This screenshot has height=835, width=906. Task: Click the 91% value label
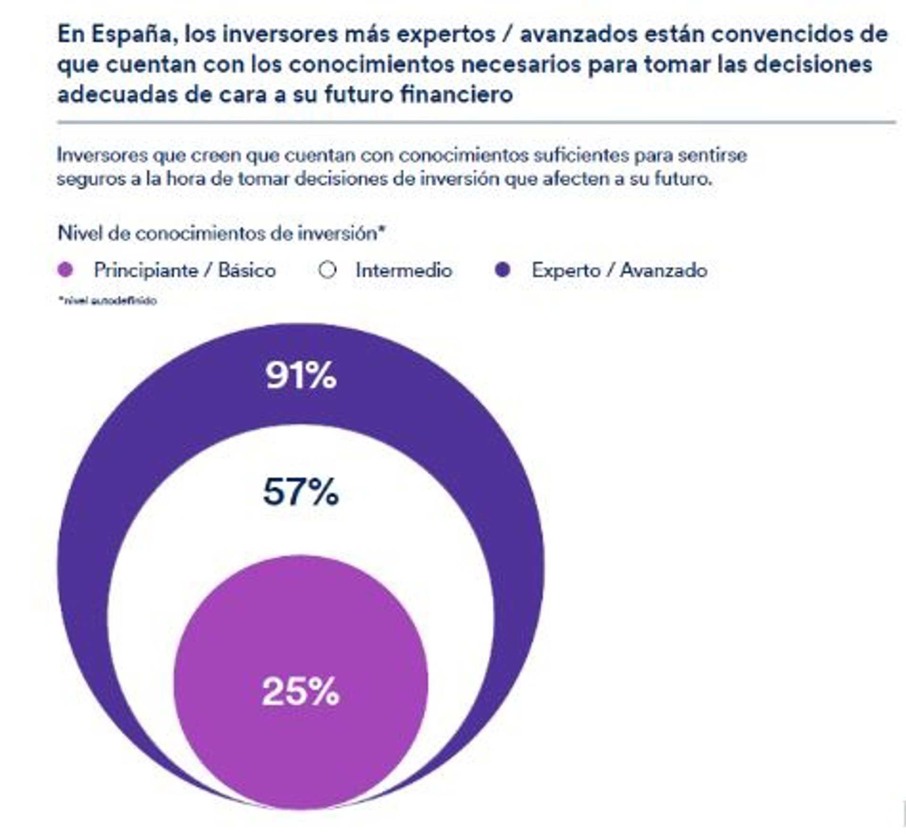[x=301, y=376]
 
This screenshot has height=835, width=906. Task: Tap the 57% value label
[x=301, y=492]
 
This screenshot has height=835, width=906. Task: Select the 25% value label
[x=301, y=692]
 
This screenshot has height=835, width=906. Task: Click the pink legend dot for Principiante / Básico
[x=66, y=270]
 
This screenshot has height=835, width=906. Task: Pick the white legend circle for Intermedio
[x=327, y=270]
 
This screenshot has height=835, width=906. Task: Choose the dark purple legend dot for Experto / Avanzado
[x=503, y=270]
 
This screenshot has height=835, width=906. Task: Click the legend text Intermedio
[x=404, y=270]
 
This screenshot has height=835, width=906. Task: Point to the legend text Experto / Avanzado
[x=619, y=270]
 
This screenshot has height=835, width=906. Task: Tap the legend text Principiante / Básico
[x=185, y=270]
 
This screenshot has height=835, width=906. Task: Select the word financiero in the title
[x=456, y=94]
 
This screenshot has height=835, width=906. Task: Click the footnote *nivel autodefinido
[x=107, y=301]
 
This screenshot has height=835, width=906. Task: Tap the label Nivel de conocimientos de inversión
[x=221, y=233]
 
